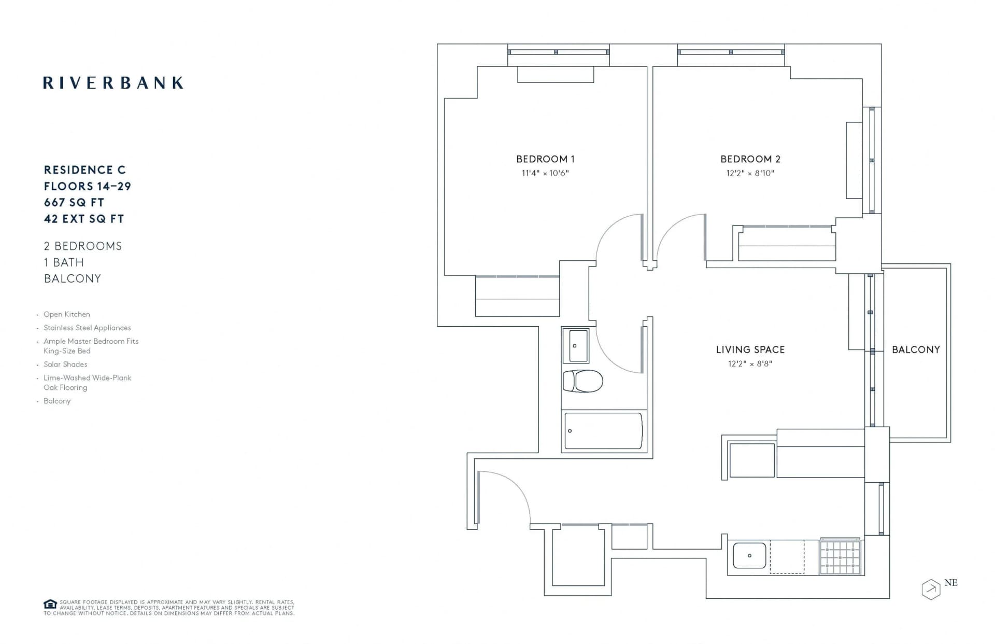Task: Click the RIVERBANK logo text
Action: click(x=113, y=83)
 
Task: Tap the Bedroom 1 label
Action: click(x=545, y=159)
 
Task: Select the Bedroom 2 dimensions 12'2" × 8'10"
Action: click(x=750, y=173)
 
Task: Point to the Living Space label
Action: click(x=750, y=349)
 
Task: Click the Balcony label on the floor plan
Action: click(x=916, y=349)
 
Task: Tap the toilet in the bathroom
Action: click(x=583, y=381)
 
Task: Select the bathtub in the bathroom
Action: click(x=603, y=430)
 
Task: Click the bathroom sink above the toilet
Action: click(x=576, y=345)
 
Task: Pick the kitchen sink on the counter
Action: click(x=749, y=555)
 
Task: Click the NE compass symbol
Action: click(x=931, y=589)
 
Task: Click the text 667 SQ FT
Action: click(x=74, y=203)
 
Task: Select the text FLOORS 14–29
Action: click(x=87, y=186)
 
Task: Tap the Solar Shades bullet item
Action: click(x=65, y=365)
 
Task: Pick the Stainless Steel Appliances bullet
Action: click(x=87, y=328)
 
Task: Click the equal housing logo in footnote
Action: click(x=50, y=604)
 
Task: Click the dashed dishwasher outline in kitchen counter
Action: click(x=787, y=557)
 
